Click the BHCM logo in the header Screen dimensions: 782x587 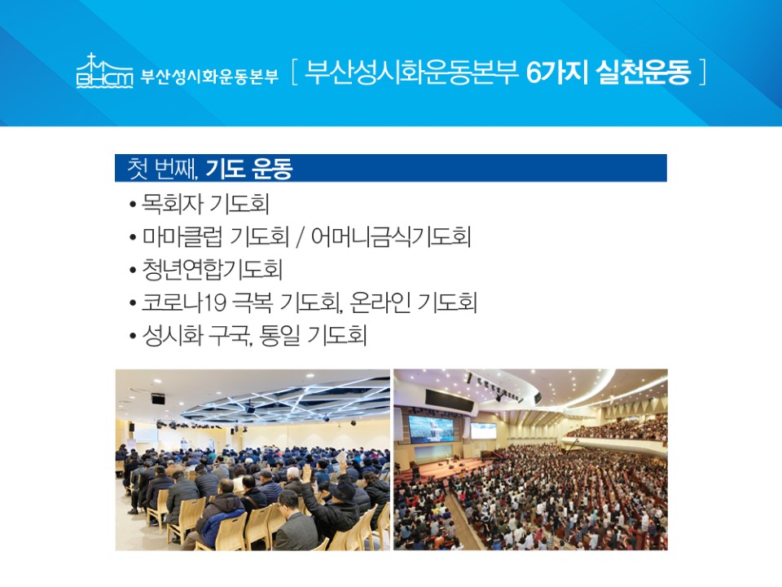105,71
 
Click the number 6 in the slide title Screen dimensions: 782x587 534,73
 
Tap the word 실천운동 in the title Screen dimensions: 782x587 644,73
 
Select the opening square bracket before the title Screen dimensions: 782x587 294,73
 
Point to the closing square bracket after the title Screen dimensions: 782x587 703,73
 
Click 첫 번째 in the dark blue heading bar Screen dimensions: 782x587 161,168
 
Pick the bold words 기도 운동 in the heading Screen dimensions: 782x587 248,168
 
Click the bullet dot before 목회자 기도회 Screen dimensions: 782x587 132,205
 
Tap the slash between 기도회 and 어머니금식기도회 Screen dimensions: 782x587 300,236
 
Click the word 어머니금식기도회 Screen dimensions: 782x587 390,236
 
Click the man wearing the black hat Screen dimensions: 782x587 339,509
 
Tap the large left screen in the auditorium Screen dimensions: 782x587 432,428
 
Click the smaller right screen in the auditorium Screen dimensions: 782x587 483,430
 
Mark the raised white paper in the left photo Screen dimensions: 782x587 341,457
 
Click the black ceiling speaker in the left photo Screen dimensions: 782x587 158,399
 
